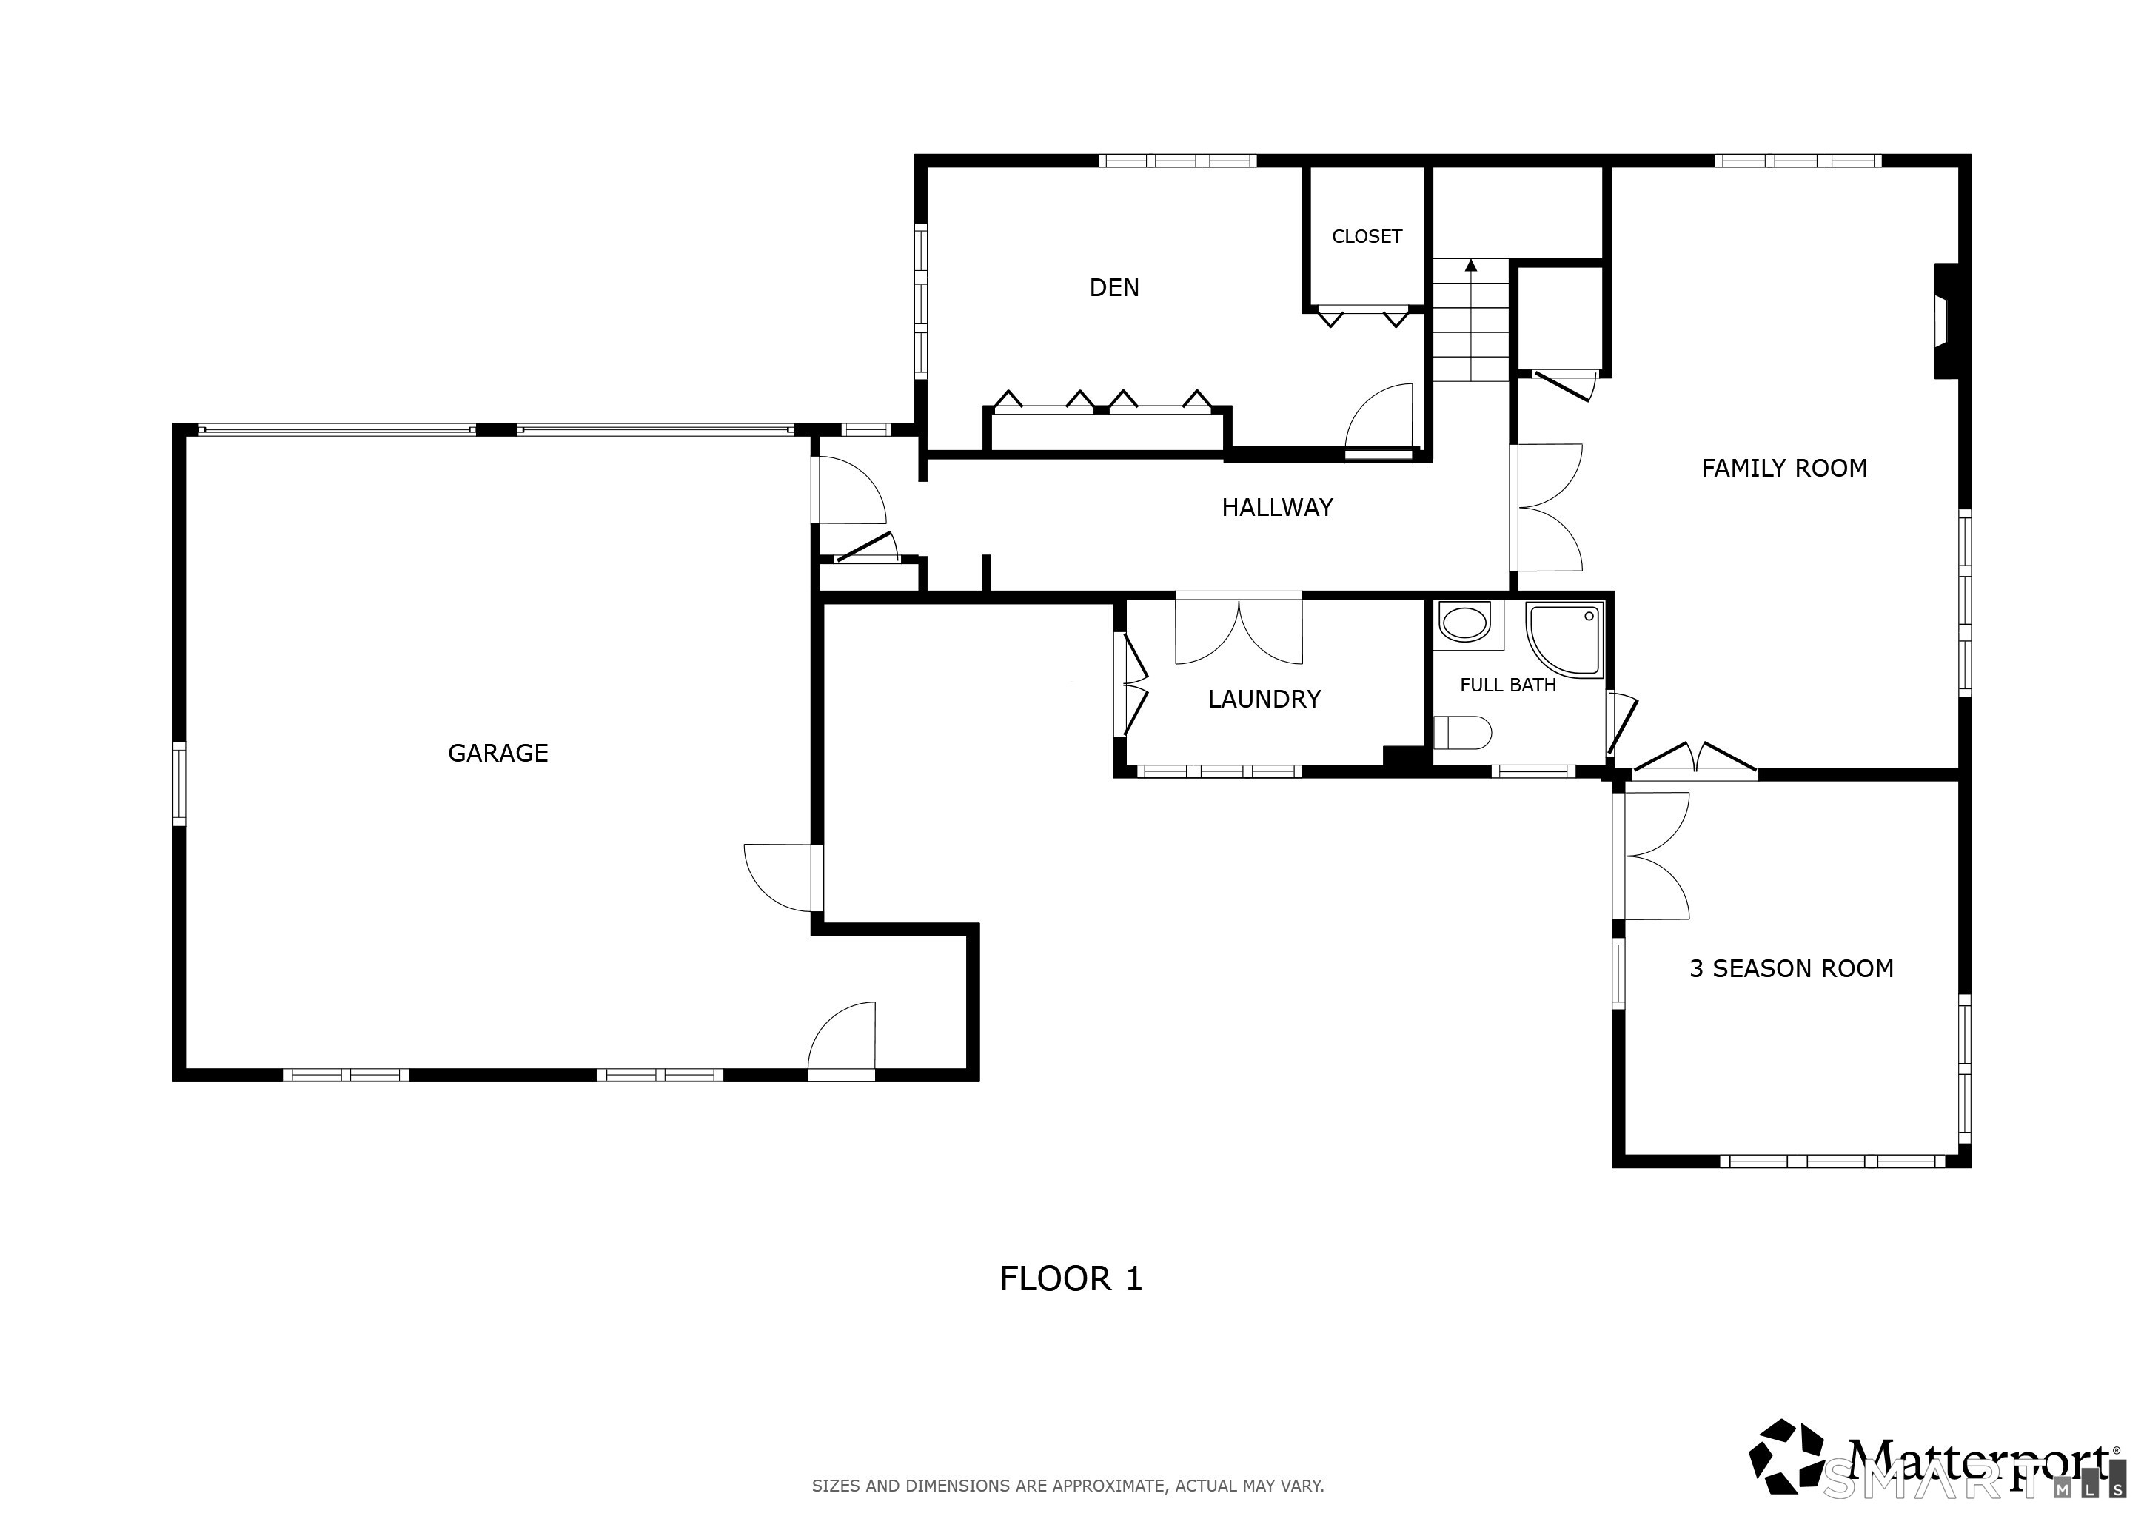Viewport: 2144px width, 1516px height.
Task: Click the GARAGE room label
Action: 498,752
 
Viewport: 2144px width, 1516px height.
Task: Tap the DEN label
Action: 1114,287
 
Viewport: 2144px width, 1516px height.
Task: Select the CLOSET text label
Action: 1366,236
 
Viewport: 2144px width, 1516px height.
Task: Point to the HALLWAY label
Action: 1276,507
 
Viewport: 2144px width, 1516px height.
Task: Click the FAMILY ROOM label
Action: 1783,468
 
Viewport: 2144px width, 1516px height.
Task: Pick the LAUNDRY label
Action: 1264,700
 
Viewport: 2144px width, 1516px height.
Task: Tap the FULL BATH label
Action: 1507,685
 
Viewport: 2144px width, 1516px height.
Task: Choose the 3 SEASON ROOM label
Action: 1791,969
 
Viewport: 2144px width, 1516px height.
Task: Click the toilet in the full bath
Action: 1462,733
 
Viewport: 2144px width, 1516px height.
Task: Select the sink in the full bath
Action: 1464,623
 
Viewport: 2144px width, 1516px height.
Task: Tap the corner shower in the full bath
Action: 1565,640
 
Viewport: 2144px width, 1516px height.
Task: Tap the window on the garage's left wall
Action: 178,783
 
